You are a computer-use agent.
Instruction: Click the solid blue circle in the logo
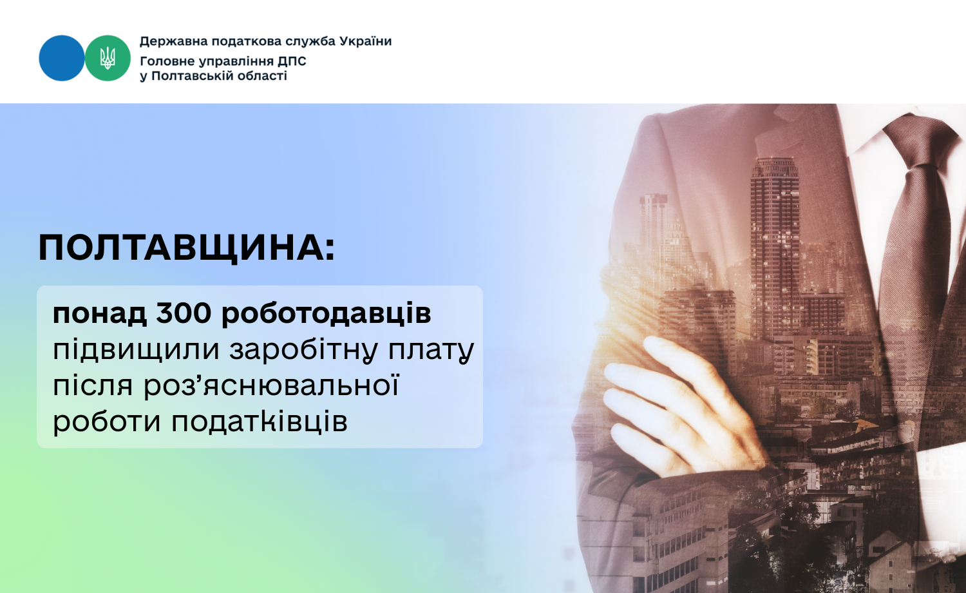coord(62,58)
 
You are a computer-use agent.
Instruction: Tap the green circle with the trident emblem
coord(108,58)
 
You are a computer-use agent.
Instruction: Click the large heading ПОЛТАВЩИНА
coord(187,249)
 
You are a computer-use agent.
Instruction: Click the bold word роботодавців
coord(327,314)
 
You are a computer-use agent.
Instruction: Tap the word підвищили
coord(137,349)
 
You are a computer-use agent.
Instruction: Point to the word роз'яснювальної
coord(271,385)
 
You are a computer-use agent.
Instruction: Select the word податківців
coord(260,422)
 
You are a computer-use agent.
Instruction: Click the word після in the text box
coord(93,385)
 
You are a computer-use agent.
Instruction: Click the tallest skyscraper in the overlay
coord(775,246)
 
